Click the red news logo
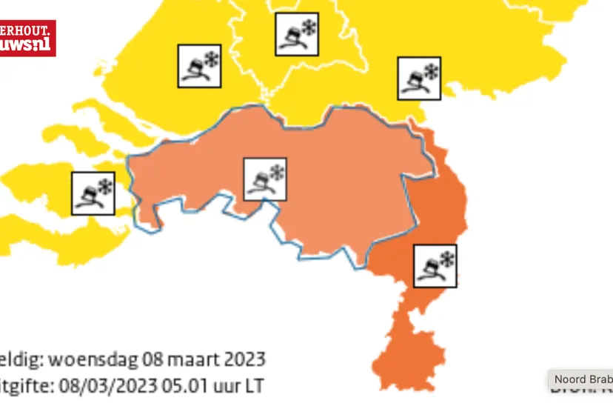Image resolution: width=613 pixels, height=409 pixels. [x=27, y=38]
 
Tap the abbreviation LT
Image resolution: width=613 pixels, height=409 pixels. [x=252, y=386]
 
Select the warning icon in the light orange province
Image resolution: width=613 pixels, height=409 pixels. [x=266, y=179]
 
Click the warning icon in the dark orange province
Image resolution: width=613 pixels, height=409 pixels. [x=435, y=266]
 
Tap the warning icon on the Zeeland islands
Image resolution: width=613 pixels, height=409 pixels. [x=93, y=193]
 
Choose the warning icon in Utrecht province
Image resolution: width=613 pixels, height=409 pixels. [x=297, y=34]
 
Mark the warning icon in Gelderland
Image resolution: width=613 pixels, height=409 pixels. [x=419, y=78]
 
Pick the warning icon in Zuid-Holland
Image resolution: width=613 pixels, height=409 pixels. [x=199, y=66]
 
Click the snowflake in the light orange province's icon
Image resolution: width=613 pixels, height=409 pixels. [x=277, y=173]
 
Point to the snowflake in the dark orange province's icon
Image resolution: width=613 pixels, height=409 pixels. [x=446, y=259]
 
